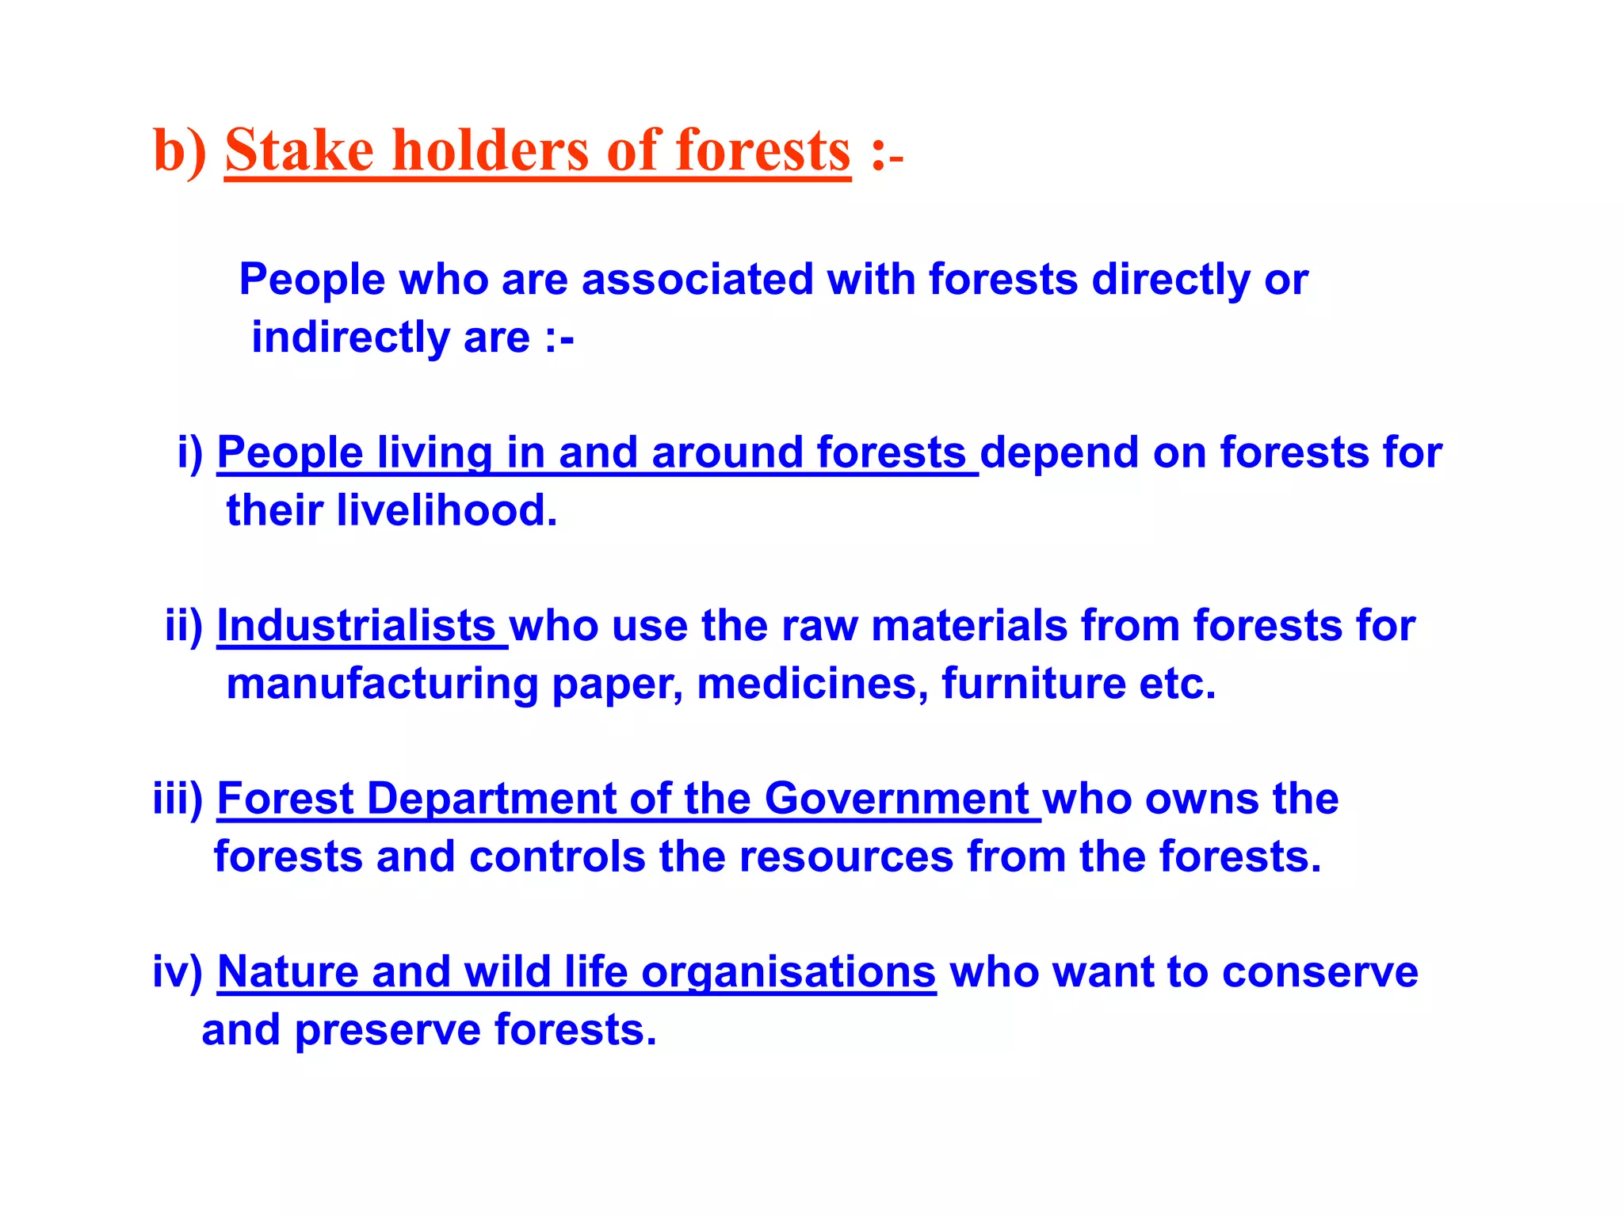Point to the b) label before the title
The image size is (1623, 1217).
coord(179,152)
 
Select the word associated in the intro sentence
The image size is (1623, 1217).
coord(697,280)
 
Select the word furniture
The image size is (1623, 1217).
coord(1033,684)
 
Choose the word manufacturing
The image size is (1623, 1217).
coord(382,685)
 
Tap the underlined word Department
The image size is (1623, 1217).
coord(491,799)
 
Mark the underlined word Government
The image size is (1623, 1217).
coord(896,799)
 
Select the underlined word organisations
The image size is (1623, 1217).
coord(789,973)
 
